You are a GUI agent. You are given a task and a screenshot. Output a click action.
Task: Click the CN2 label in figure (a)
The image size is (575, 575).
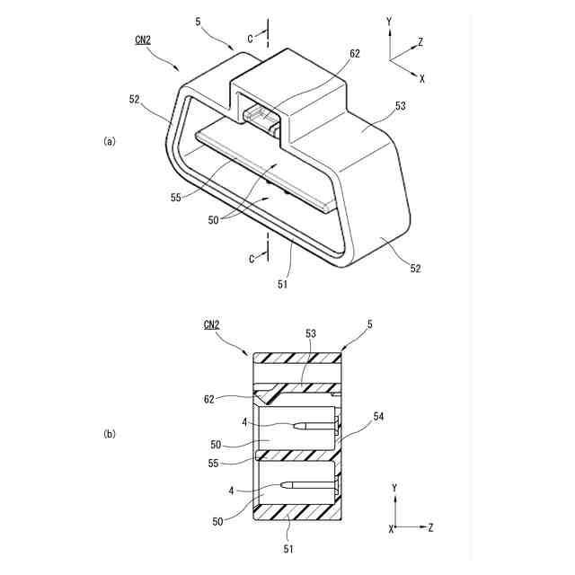[x=144, y=40]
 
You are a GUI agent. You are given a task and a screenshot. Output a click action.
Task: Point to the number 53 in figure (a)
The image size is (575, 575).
[x=400, y=106]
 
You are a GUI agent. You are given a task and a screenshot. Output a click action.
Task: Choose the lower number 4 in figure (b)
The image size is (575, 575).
[x=231, y=491]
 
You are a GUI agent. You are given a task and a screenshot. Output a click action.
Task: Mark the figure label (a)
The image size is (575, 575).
[x=110, y=141]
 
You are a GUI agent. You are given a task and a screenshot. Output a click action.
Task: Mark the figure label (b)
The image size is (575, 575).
[x=110, y=435]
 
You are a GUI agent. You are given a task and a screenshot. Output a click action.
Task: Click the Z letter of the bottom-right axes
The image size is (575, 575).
[x=431, y=527]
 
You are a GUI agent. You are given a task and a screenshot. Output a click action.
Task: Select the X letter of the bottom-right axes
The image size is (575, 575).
[x=392, y=529]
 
